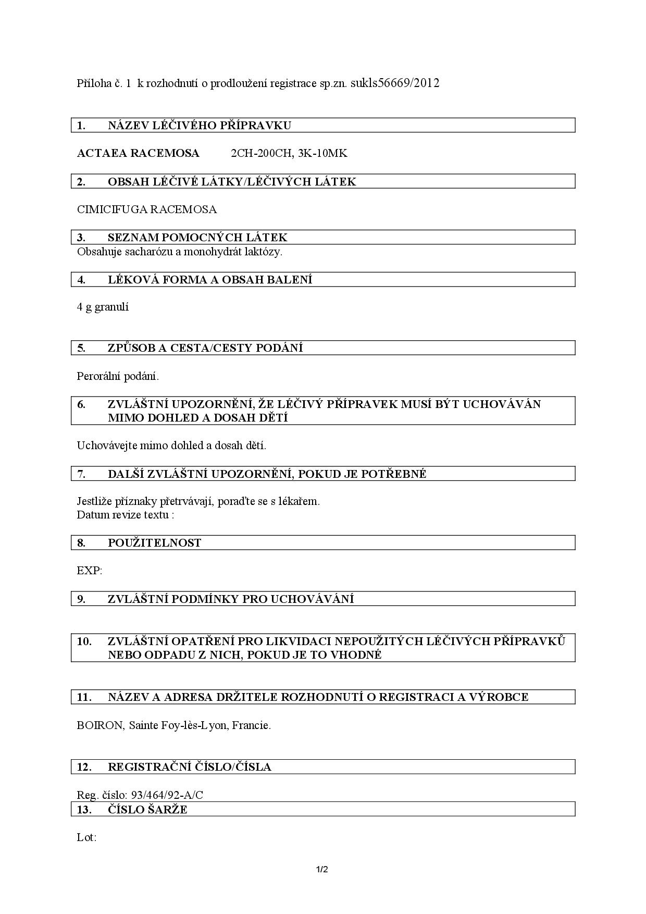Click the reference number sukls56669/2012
395,83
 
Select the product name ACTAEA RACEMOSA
138,153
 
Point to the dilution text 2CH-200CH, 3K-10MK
289,153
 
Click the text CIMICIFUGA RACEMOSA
147,209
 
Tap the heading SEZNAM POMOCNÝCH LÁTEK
197,238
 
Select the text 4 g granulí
103,307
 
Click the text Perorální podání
118,376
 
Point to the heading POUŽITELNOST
154,543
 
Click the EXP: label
90,571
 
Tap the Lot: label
86,837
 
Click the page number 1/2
322,869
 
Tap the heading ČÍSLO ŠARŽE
147,810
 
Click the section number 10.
84,641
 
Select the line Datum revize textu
125,515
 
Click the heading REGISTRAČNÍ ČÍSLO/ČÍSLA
189,767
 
